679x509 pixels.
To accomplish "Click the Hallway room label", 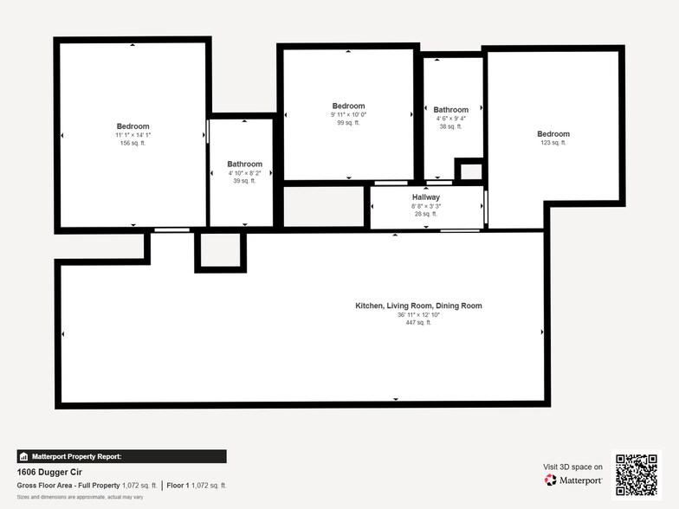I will tap(426, 197).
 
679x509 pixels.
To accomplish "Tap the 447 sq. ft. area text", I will tap(418, 322).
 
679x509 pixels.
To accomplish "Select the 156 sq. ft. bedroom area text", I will tap(133, 143).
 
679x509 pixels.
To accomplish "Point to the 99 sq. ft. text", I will tap(349, 123).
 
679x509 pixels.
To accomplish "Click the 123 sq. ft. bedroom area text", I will tap(553, 143).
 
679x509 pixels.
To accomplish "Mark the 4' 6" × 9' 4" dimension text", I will tap(450, 119).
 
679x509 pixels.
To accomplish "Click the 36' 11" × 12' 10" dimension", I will tap(418, 314).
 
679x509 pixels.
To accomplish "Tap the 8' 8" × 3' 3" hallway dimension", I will tap(426, 206).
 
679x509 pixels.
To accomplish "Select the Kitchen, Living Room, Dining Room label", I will tap(418, 306).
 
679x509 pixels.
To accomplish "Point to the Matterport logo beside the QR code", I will tap(572, 479).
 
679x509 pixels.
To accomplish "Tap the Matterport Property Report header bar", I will tap(121, 456).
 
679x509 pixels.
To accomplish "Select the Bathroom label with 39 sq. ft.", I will tap(244, 164).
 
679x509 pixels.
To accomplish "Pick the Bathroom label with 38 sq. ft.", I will tap(450, 110).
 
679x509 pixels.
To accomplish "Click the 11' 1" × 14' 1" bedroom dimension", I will tap(133, 135).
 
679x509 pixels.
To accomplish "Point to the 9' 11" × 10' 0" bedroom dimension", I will tap(349, 115).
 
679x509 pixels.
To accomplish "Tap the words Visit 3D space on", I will tap(572, 467).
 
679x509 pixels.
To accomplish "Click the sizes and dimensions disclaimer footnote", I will tap(80, 497).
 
